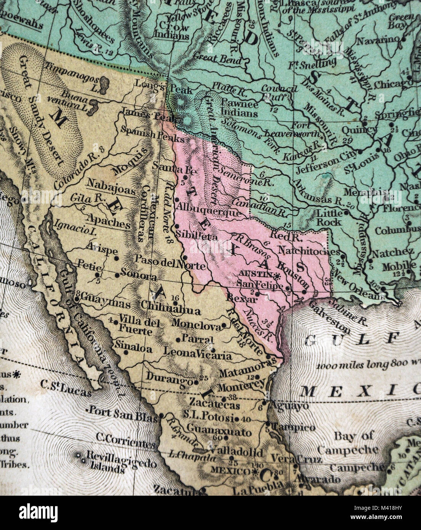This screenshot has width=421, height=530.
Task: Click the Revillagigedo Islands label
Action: pos(116,464)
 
